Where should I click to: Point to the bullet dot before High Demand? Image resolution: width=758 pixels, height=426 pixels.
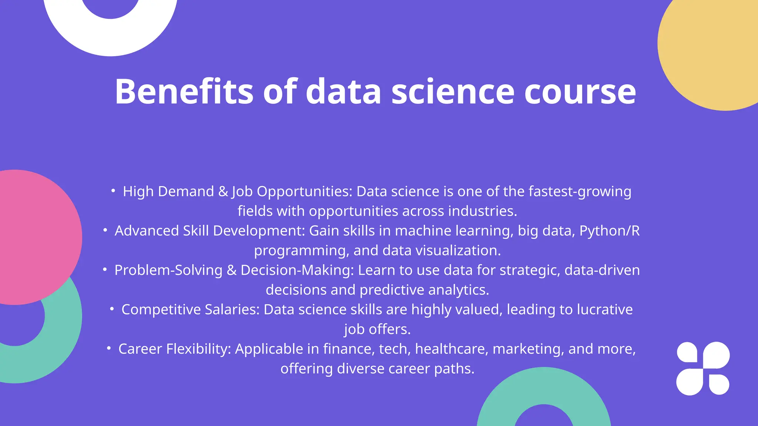(x=113, y=191)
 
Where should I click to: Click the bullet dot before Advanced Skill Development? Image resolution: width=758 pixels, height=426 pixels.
(x=105, y=230)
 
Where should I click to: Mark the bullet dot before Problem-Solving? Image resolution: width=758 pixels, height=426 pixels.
(x=105, y=270)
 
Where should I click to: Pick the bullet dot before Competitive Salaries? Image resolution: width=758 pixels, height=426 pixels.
(x=112, y=309)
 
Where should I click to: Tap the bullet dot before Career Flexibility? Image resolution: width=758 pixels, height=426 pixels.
(x=109, y=348)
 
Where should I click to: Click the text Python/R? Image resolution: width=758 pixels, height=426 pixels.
(x=609, y=231)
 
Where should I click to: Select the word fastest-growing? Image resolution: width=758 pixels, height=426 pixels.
(x=580, y=192)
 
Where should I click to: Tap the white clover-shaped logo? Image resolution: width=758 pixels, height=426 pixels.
(x=703, y=368)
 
